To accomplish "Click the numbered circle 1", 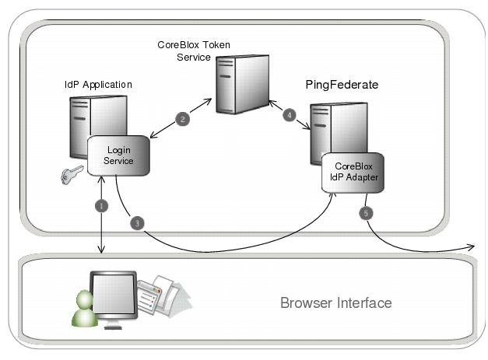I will click(100, 206).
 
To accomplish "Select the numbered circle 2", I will click(182, 119).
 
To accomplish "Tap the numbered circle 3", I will click(137, 224).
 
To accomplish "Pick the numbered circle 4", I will click(290, 115).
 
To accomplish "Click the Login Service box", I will click(118, 156).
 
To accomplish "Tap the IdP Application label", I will click(98, 84).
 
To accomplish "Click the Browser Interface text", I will click(335, 302).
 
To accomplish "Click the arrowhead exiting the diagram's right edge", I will click(470, 246).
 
